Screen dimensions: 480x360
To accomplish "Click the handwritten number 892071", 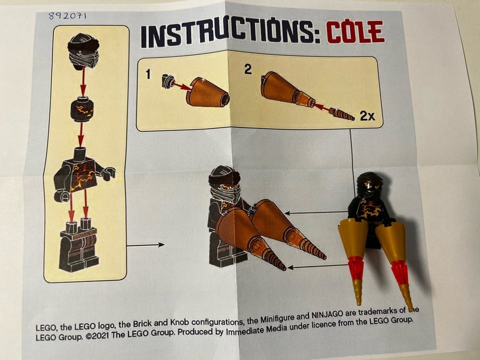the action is (x=67, y=15).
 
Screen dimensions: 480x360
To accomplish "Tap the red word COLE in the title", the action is (x=355, y=31).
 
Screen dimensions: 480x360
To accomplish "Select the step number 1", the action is (x=148, y=74).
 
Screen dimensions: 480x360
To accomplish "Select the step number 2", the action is (x=248, y=69).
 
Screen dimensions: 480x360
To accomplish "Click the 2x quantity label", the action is (x=367, y=115).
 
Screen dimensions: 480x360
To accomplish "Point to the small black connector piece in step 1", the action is (x=168, y=81).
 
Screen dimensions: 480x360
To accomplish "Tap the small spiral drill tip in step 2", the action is (x=341, y=114).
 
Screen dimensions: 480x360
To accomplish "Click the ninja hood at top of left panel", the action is (x=83, y=51).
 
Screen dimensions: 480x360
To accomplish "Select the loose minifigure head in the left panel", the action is (x=81, y=109).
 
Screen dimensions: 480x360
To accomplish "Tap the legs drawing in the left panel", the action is (x=79, y=244).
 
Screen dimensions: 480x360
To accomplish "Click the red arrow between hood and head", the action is (x=83, y=82).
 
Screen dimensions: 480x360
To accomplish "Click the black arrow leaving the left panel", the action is (x=145, y=245).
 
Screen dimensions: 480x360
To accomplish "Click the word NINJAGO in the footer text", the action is (x=327, y=314).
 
